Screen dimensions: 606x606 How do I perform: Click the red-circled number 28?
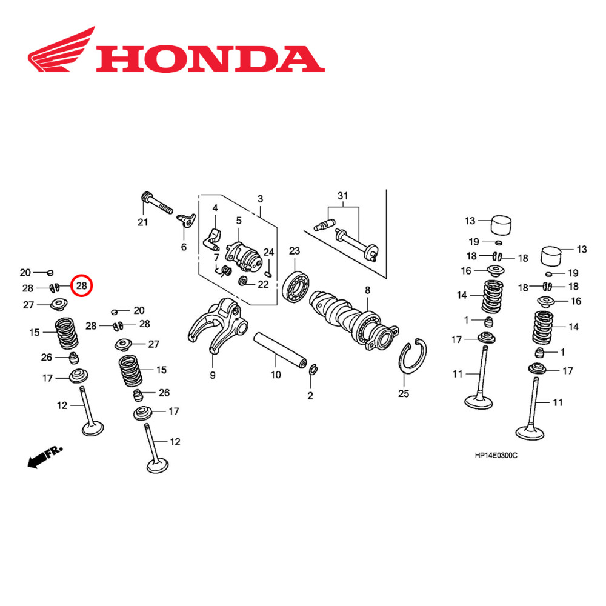(x=81, y=285)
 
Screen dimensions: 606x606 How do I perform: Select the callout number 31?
(x=343, y=196)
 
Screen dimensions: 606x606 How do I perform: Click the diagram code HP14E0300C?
(x=496, y=455)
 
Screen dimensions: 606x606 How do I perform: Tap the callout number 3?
(x=260, y=199)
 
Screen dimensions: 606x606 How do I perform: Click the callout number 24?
(x=268, y=251)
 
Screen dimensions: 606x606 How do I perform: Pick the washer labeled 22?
(x=244, y=282)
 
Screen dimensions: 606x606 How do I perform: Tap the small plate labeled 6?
(x=186, y=221)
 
